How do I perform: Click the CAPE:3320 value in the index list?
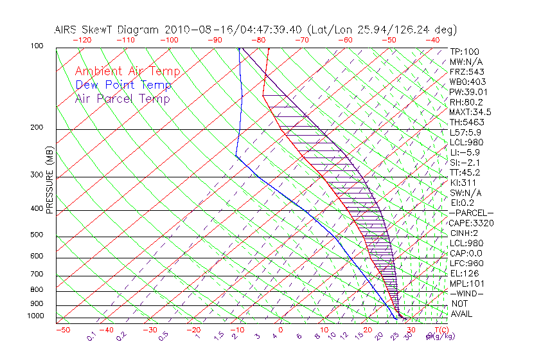point(471,223)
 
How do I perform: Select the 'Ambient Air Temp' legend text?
point(127,71)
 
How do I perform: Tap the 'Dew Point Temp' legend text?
point(123,85)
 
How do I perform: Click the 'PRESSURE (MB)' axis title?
point(49,180)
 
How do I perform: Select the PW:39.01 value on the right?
point(467,92)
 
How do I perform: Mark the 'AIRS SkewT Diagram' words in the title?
point(108,30)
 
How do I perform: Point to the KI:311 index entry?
point(463,183)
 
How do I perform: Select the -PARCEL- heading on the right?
point(471,213)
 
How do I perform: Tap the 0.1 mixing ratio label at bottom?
point(91,336)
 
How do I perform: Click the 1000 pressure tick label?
point(37,316)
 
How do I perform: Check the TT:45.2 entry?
point(465,172)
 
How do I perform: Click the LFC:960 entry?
point(466,264)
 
